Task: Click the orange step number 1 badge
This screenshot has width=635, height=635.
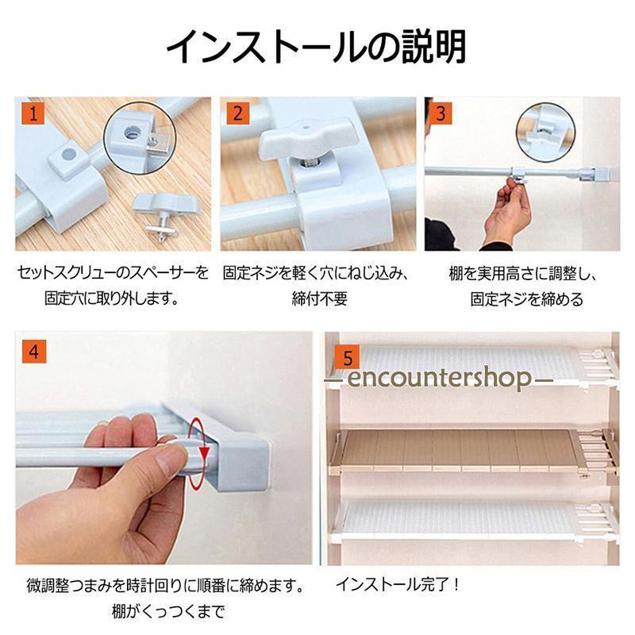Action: [x=33, y=113]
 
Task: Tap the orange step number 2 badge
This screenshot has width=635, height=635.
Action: [x=238, y=113]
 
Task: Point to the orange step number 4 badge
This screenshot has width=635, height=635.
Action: [x=34, y=351]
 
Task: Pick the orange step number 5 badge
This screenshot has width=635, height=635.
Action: [x=348, y=358]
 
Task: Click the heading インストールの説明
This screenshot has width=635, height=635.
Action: [x=316, y=47]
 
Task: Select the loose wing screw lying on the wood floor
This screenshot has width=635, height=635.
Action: [x=166, y=216]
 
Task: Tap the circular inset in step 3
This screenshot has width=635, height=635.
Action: [x=545, y=133]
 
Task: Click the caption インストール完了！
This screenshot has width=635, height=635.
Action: [x=398, y=584]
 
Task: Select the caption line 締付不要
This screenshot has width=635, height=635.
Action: [x=320, y=299]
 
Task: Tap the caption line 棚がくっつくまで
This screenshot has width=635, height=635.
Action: [x=167, y=611]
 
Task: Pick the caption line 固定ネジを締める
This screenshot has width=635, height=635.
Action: [x=526, y=299]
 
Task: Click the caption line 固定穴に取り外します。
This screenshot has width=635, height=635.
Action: [x=112, y=299]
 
